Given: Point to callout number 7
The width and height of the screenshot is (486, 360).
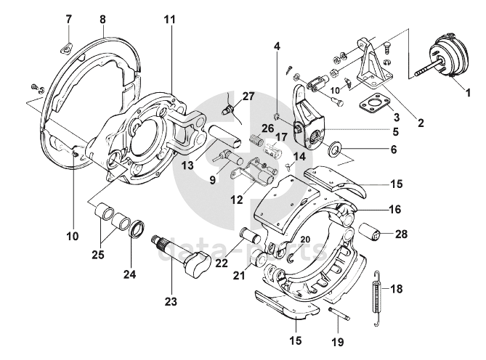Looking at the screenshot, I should point(68,17).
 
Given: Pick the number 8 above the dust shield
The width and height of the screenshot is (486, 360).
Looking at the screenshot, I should point(102,18).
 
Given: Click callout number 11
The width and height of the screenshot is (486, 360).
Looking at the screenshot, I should point(169,18).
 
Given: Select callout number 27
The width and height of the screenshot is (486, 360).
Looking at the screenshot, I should point(248,96).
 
